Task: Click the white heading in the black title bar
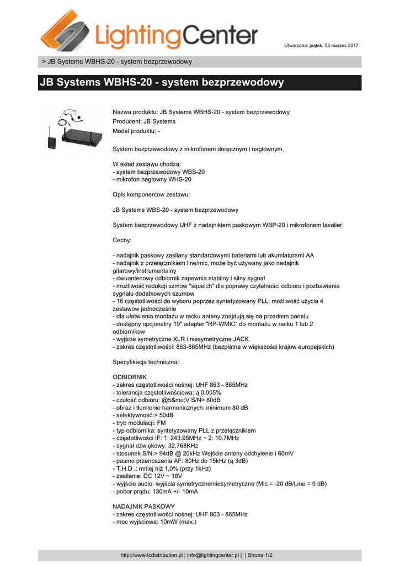[x=161, y=83]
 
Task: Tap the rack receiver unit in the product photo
[x=82, y=136]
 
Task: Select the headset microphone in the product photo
[x=70, y=117]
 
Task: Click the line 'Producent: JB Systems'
[x=144, y=121]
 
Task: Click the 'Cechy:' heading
[x=122, y=240]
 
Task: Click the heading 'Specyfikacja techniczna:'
[x=146, y=362]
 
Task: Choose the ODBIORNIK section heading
[x=130, y=377]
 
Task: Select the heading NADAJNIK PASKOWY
[x=143, y=506]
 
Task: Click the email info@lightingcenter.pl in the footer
[x=209, y=555]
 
